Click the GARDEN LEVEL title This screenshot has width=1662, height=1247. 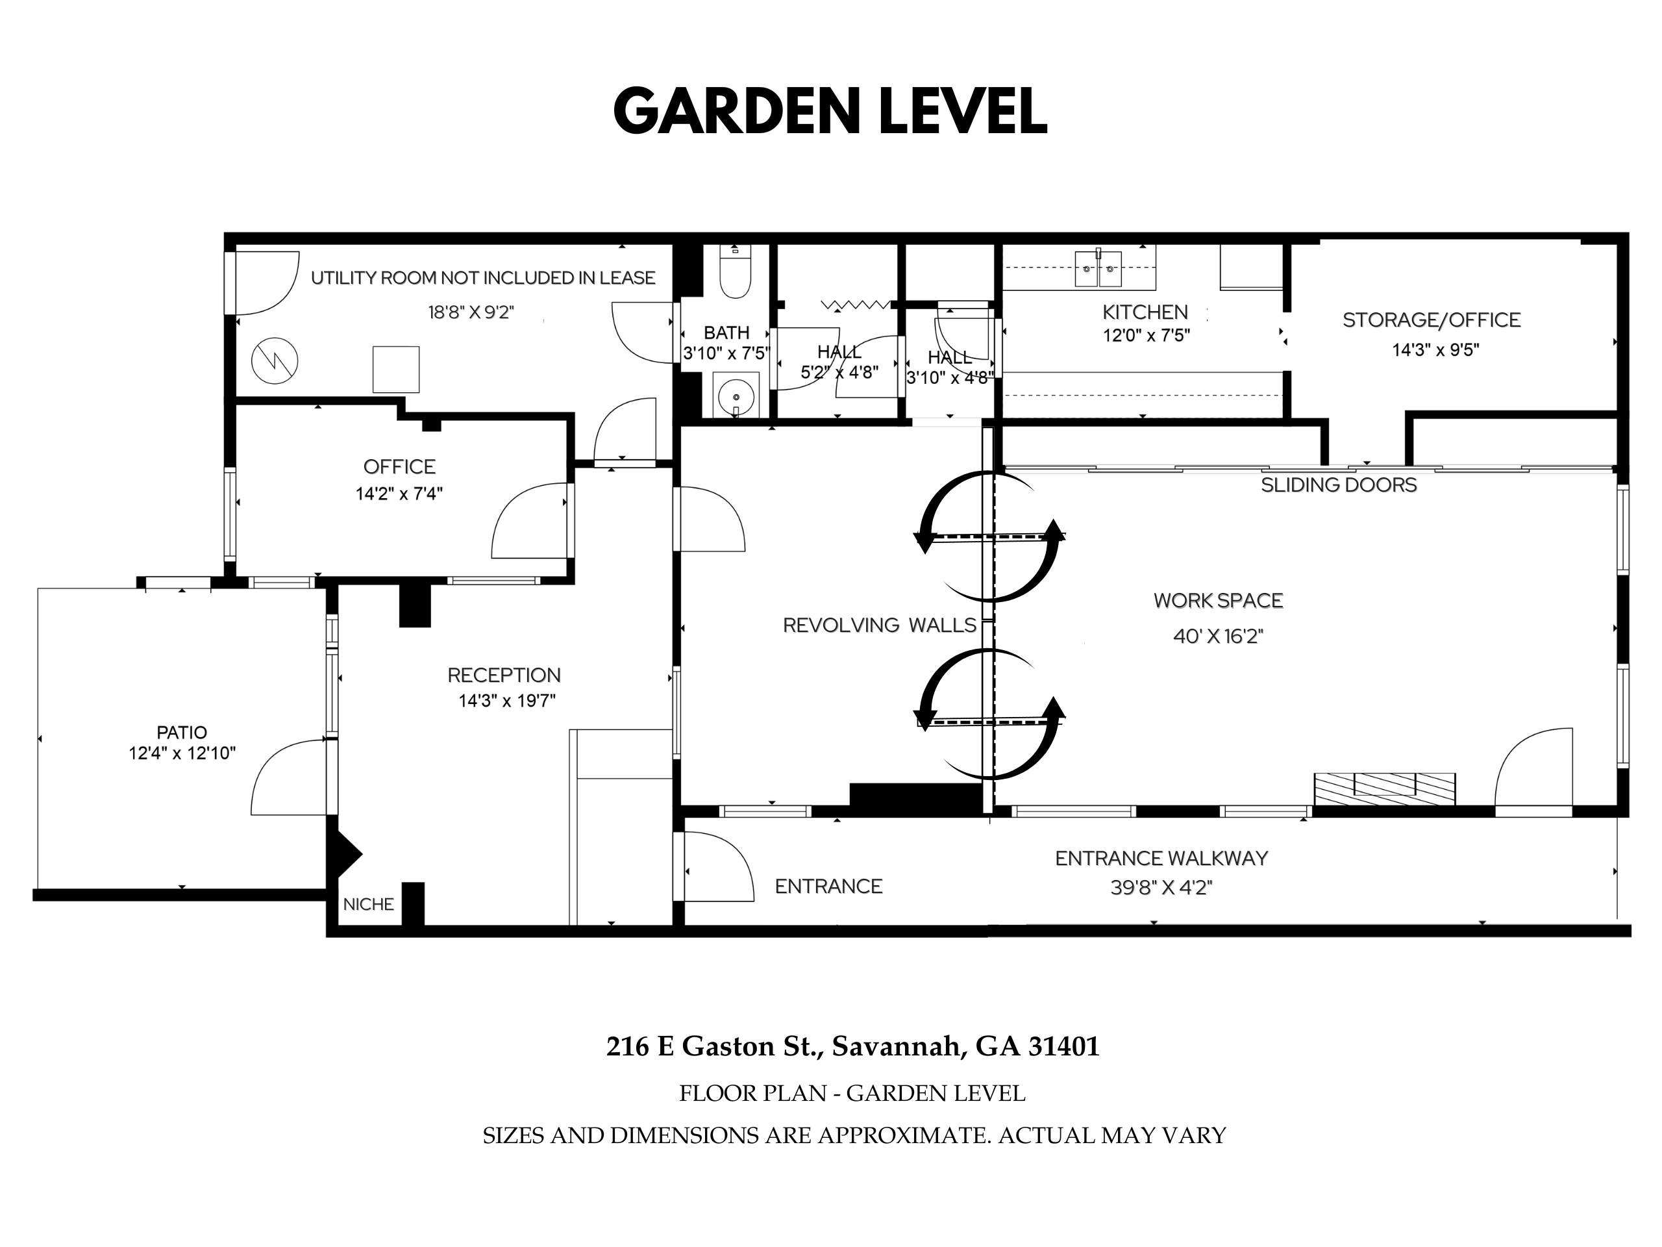830,110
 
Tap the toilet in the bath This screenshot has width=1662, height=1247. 735,271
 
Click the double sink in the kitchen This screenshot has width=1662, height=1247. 1098,268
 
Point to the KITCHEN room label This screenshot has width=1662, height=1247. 1145,312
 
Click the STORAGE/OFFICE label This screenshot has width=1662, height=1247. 1432,320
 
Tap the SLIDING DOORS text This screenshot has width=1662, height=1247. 1339,485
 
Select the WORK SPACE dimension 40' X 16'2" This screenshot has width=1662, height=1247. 1218,636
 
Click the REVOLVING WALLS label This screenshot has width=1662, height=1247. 880,625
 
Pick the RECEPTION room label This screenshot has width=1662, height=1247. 504,675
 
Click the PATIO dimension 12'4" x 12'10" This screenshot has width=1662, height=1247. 182,753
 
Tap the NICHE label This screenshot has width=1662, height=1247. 368,904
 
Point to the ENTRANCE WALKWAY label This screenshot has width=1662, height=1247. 1161,859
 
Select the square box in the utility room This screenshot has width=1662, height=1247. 396,369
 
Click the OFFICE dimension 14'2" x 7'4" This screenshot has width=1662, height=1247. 399,494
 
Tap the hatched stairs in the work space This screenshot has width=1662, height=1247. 1384,789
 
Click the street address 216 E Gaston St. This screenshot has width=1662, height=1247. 711,1046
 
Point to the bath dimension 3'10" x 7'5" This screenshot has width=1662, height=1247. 726,353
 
